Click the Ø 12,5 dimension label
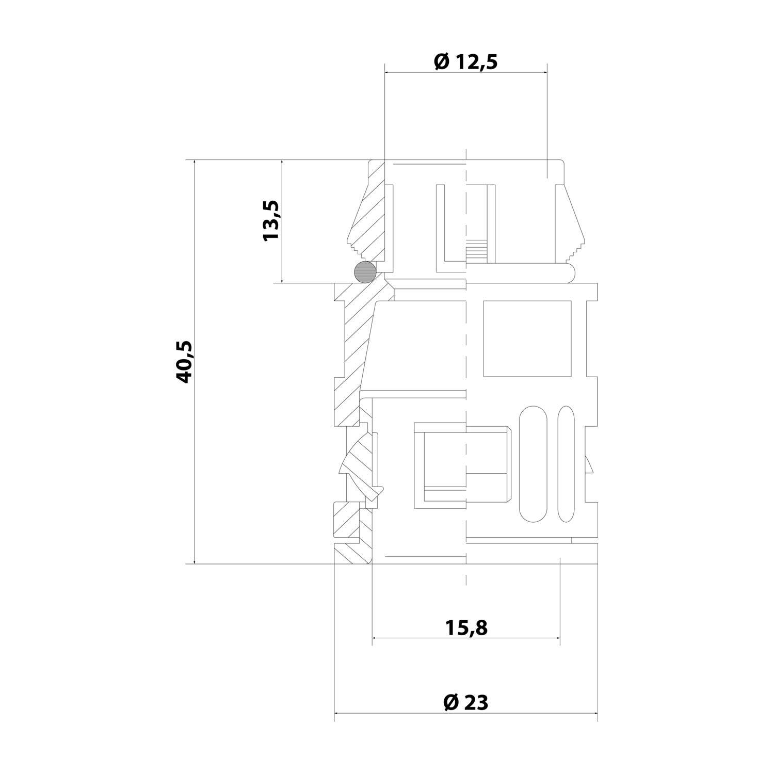(465, 62)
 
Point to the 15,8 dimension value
(466, 628)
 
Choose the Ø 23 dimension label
(465, 702)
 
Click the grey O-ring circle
(365, 271)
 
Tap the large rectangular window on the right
(527, 338)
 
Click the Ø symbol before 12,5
(441, 62)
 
